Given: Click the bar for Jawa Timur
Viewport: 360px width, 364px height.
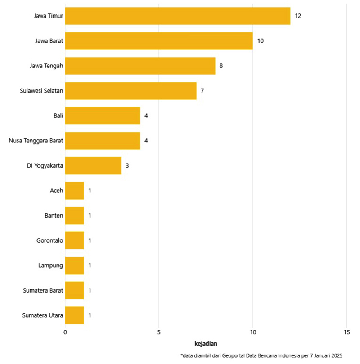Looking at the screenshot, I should coord(178,16).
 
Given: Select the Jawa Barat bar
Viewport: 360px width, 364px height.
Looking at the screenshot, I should coord(159,41).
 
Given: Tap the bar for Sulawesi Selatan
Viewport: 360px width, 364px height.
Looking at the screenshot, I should coord(131,91).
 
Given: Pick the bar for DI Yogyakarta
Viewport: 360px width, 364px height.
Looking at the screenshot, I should coord(93,165).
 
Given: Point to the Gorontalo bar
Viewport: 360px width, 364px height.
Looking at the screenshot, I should coord(75,240).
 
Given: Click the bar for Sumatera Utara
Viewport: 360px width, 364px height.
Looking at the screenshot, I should coord(75,315).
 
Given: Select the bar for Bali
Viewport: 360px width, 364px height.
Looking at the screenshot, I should coord(103,115).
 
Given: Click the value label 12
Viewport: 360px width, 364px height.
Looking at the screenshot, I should coord(298,16).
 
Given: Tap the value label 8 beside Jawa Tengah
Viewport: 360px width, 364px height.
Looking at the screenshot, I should coord(221,66).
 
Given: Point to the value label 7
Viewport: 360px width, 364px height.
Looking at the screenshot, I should coord(202,91).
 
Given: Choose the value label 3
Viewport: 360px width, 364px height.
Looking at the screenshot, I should coord(127,165).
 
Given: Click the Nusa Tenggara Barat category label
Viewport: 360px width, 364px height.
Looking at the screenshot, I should coord(36,141).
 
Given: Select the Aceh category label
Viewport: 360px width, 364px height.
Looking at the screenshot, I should coord(56,191).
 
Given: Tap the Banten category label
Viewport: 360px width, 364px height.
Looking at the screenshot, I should coord(54,215).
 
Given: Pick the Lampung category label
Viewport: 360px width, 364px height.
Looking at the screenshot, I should coord(51,265).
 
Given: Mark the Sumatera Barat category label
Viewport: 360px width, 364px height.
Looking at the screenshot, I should coord(43,290).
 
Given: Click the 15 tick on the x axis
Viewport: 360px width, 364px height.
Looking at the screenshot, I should coord(346,332).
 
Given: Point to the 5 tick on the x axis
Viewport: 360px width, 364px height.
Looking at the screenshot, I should coord(159,332).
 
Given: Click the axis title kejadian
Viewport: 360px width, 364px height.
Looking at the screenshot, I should coord(206,344).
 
